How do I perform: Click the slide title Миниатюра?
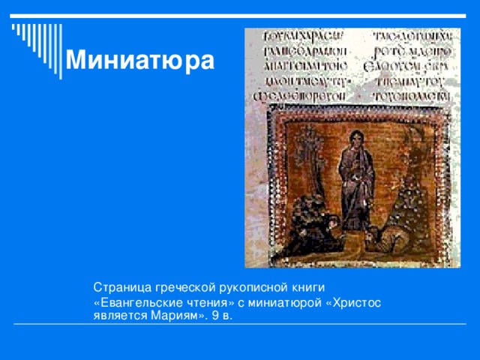(x=139, y=60)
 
